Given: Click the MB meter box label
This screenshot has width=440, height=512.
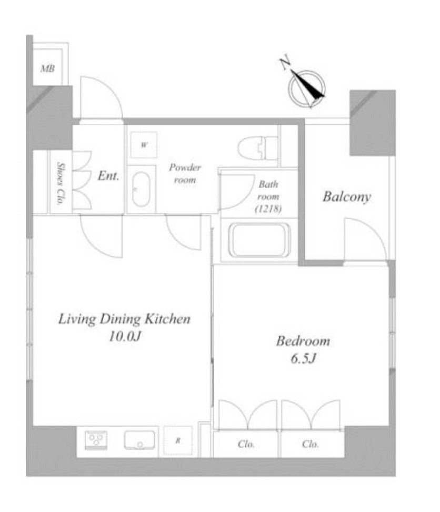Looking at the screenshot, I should pyautogui.click(x=48, y=69).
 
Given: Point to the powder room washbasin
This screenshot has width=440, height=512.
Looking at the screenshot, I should pyautogui.click(x=141, y=189).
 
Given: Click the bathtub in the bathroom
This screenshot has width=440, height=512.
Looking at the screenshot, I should pyautogui.click(x=258, y=240).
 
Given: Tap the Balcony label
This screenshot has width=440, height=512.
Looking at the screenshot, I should pyautogui.click(x=346, y=197).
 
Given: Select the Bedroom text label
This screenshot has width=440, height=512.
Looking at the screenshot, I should pyautogui.click(x=303, y=341).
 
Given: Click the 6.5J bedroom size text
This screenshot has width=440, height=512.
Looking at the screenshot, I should pyautogui.click(x=303, y=359).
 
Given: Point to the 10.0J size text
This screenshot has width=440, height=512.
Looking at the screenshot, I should pyautogui.click(x=124, y=337).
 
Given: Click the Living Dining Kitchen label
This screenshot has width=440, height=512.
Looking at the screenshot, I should pyautogui.click(x=124, y=319).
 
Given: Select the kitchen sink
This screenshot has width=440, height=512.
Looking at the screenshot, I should pyautogui.click(x=139, y=440).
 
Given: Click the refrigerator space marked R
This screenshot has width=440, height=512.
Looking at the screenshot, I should pyautogui.click(x=177, y=440).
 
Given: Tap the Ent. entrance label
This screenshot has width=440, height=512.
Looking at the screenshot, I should pyautogui.click(x=108, y=176).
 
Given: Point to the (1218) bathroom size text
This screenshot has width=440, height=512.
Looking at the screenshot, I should pyautogui.click(x=268, y=209).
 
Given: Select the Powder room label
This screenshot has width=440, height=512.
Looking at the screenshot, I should pyautogui.click(x=185, y=174).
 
